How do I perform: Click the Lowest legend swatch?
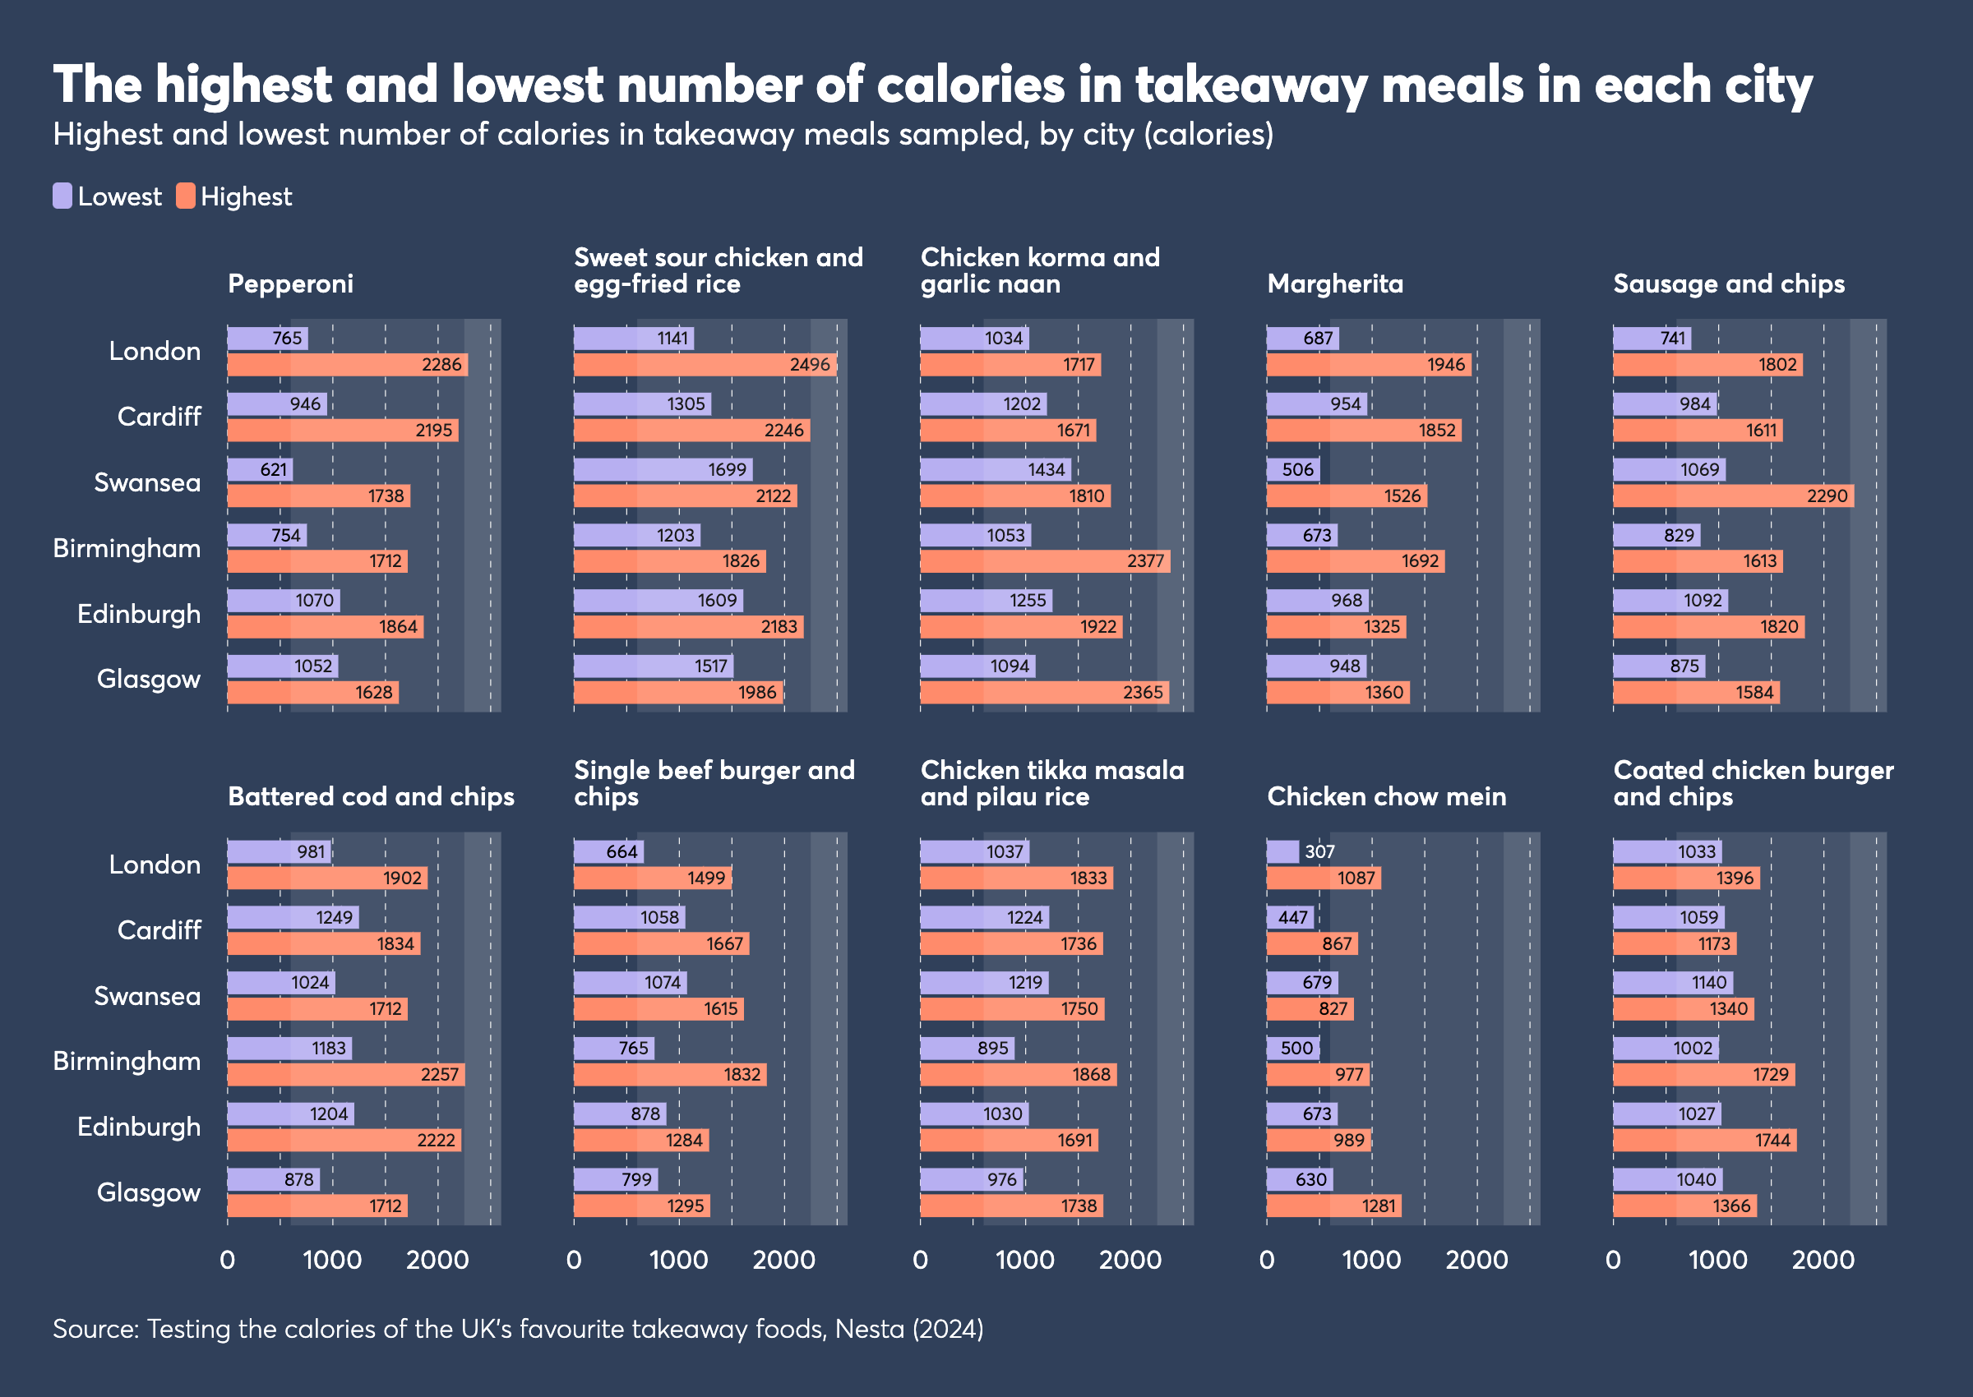(x=62, y=196)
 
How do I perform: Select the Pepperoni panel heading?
(x=290, y=284)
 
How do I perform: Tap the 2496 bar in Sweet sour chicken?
(x=705, y=365)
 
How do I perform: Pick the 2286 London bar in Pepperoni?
(x=347, y=365)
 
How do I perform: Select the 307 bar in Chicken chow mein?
(x=1282, y=851)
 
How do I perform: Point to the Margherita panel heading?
(x=1334, y=284)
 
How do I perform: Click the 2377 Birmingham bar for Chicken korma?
(x=1045, y=562)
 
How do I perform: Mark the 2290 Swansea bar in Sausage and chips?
(x=1733, y=496)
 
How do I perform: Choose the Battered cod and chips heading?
(x=371, y=796)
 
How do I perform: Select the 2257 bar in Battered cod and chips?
(x=346, y=1074)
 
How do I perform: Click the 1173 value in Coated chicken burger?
(x=1713, y=943)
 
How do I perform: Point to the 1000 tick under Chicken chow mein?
(x=1371, y=1261)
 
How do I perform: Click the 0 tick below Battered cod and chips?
(x=227, y=1261)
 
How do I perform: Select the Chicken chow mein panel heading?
(x=1386, y=796)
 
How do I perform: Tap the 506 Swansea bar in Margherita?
(x=1292, y=470)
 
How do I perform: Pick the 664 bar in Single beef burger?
(x=608, y=851)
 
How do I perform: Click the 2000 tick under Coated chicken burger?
(x=1823, y=1261)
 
